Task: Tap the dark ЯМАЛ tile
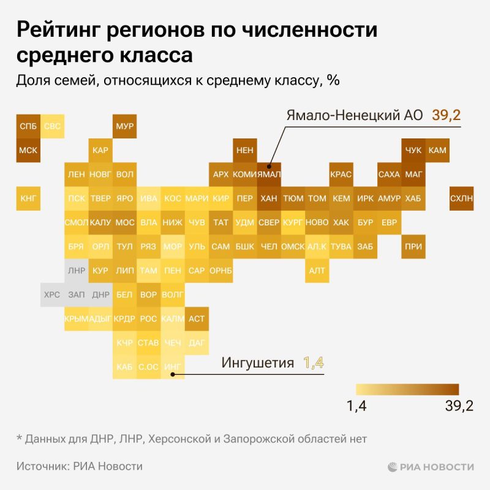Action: pyautogui.click(x=269, y=175)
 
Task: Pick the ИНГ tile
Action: pyautogui.click(x=173, y=366)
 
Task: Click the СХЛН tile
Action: pyautogui.click(x=461, y=198)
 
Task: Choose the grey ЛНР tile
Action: pyautogui.click(x=77, y=270)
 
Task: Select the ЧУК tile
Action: pyautogui.click(x=413, y=150)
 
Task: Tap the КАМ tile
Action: pyautogui.click(x=437, y=150)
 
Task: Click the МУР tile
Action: pyautogui.click(x=124, y=126)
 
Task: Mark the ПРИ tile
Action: pyautogui.click(x=413, y=246)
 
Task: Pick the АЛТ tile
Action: pyautogui.click(x=317, y=270)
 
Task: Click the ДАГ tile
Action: pyautogui.click(x=197, y=342)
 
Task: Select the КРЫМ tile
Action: pyautogui.click(x=77, y=318)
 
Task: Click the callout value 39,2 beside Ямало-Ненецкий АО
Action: pyautogui.click(x=447, y=115)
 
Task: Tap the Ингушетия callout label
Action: pyautogui.click(x=258, y=363)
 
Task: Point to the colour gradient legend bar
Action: pyautogui.click(x=407, y=390)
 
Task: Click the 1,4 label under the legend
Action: pyautogui.click(x=357, y=407)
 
